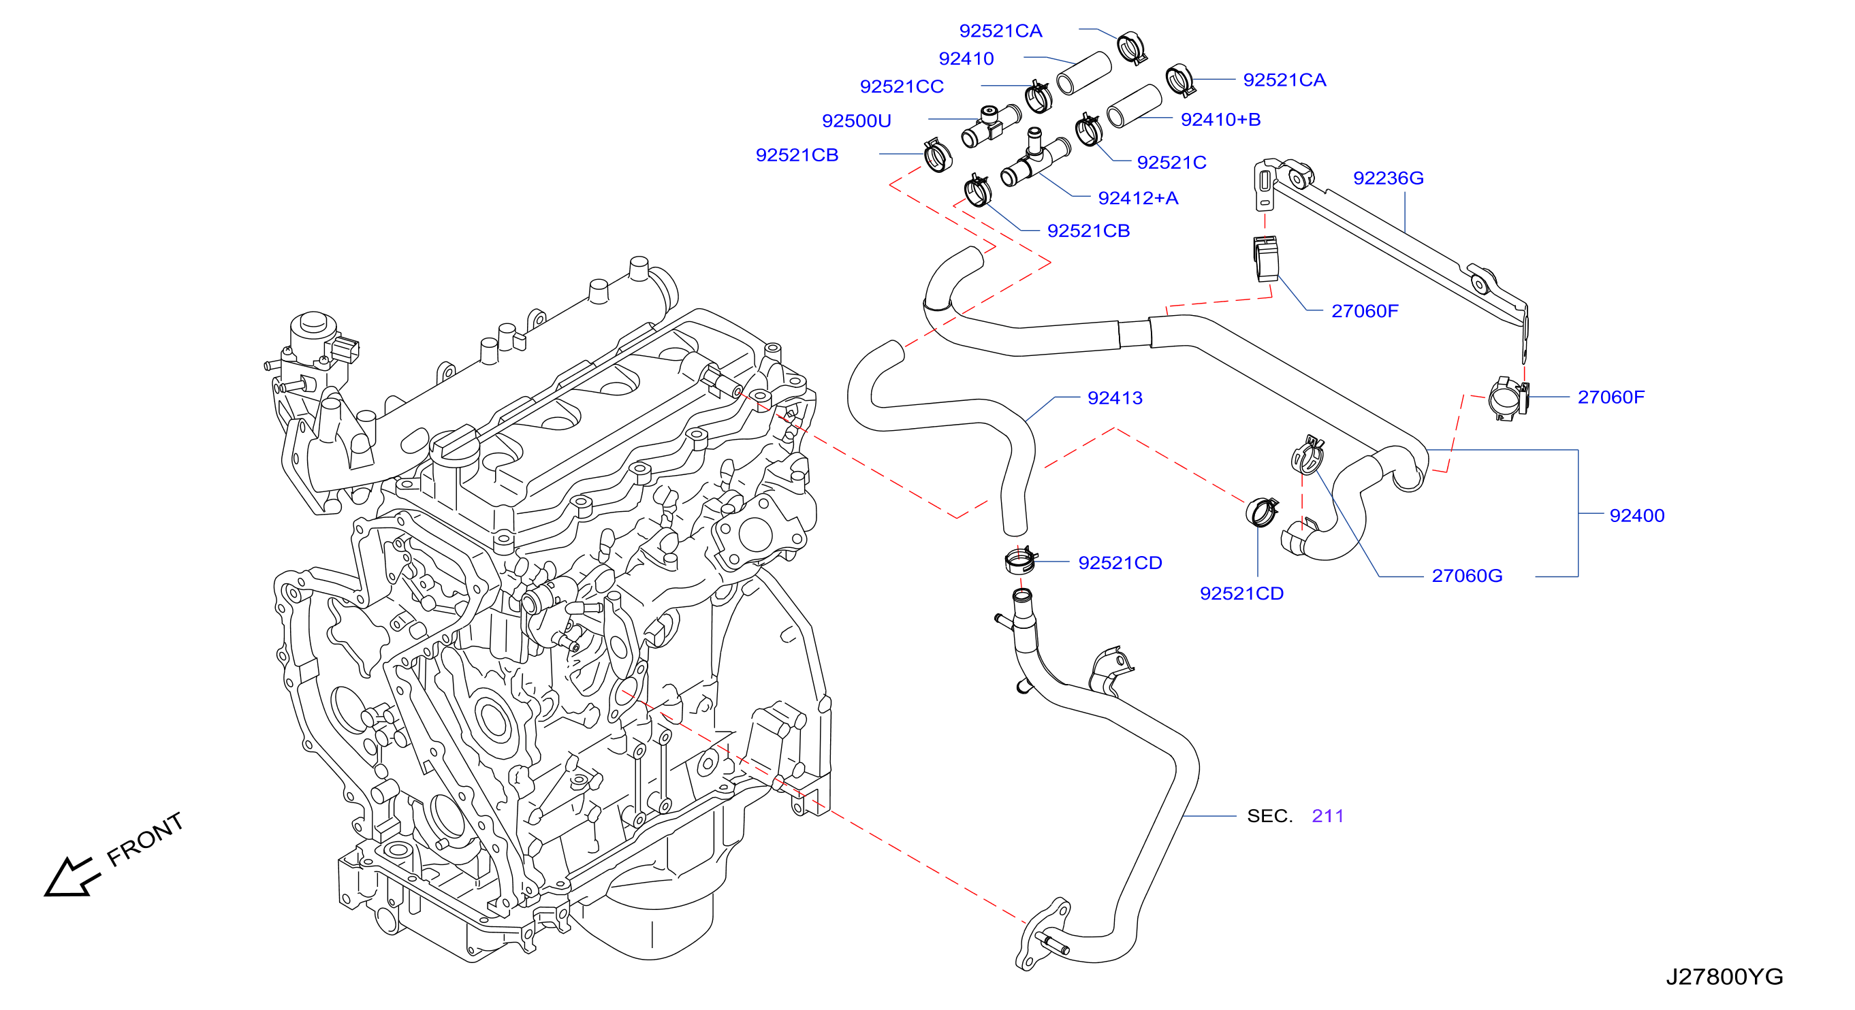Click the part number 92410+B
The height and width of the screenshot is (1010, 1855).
[x=1220, y=120]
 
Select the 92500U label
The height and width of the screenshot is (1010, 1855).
[x=856, y=121]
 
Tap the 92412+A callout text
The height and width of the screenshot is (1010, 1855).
[x=1138, y=198]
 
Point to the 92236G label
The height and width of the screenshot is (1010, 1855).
[x=1389, y=178]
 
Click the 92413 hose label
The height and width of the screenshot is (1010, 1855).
[x=1115, y=398]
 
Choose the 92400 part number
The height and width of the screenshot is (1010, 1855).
[x=1637, y=515]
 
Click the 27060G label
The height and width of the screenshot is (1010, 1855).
[x=1467, y=576]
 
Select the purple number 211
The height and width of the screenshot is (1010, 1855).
[x=1327, y=815]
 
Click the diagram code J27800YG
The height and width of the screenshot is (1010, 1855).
[x=1724, y=977]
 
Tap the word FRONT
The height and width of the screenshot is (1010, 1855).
[x=145, y=839]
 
